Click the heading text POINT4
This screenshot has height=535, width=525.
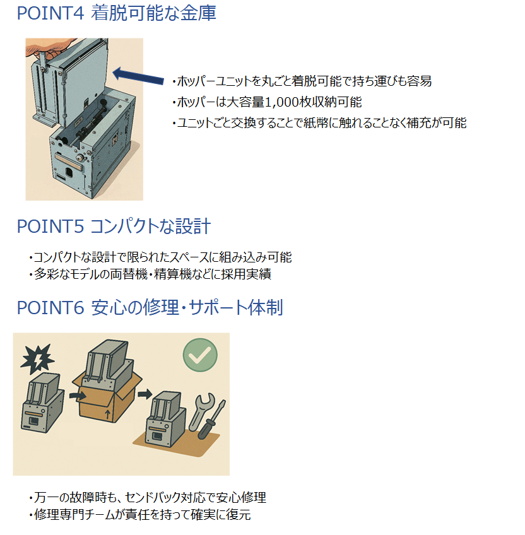pyautogui.click(x=50, y=13)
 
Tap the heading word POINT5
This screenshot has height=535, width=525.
pyautogui.click(x=50, y=226)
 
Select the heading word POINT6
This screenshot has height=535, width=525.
pyautogui.click(x=50, y=307)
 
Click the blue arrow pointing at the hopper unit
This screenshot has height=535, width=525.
pyautogui.click(x=138, y=76)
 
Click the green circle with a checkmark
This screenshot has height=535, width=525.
pyautogui.click(x=200, y=355)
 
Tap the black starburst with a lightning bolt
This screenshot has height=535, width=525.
pyautogui.click(x=37, y=359)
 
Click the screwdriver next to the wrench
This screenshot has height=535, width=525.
pyautogui.click(x=211, y=420)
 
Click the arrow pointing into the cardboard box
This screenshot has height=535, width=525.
pyautogui.click(x=78, y=396)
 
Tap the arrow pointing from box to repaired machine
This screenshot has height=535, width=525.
pyautogui.click(x=145, y=394)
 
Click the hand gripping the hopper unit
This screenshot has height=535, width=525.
pyautogui.click(x=48, y=48)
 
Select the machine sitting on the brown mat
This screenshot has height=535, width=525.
pyautogui.click(x=166, y=419)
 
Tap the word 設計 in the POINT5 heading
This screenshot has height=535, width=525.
pyautogui.click(x=193, y=226)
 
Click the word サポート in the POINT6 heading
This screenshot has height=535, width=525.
pyautogui.click(x=218, y=307)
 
